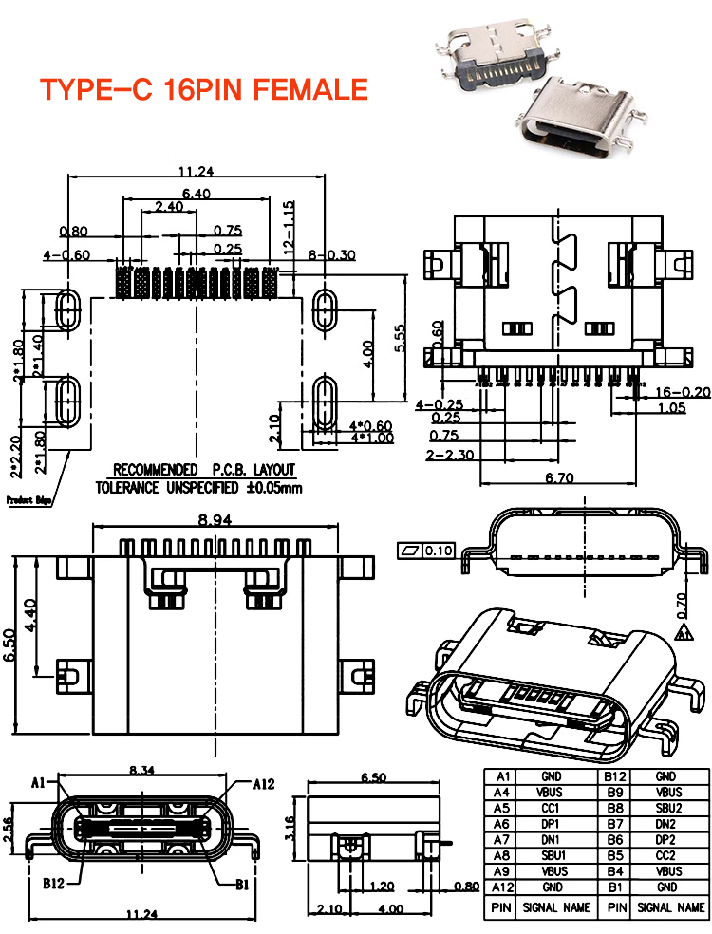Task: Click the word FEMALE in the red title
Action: click(305, 89)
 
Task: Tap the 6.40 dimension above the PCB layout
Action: click(197, 193)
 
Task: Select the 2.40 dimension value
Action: click(169, 206)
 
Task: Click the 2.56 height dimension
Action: click(9, 831)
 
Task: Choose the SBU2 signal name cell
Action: click(667, 808)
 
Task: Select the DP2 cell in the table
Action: click(667, 840)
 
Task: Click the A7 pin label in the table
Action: click(502, 840)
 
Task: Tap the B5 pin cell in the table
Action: click(614, 855)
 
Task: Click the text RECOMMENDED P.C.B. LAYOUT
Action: click(204, 470)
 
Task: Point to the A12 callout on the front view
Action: click(263, 784)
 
